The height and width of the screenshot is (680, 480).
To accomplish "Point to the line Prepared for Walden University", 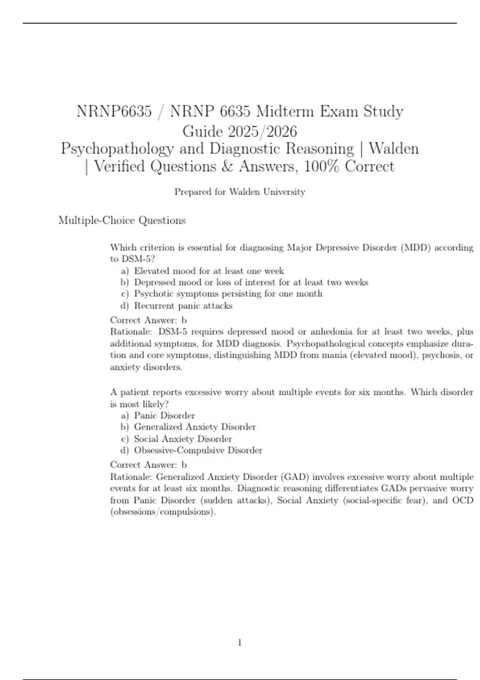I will pos(240,192).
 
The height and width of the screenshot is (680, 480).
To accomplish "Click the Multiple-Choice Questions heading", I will pos(122,220).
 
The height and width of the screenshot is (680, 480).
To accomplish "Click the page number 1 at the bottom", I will pos(240,643).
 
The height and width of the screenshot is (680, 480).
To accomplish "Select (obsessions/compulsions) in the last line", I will pos(163,512).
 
